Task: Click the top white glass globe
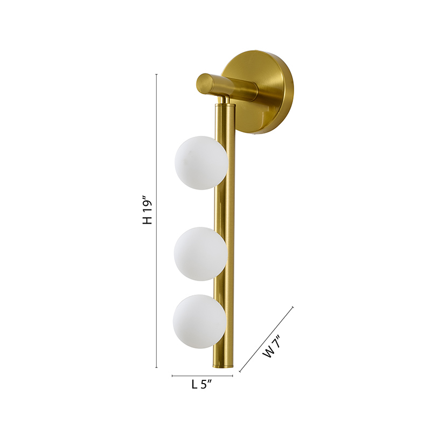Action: tap(201, 163)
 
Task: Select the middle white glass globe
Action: tap(200, 254)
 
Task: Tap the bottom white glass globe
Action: tap(200, 322)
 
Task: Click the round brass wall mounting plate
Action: tap(262, 92)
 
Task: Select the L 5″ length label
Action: tap(202, 384)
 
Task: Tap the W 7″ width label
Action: tap(273, 346)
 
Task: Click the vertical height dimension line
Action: tap(157, 262)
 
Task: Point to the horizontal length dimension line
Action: tap(203, 376)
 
